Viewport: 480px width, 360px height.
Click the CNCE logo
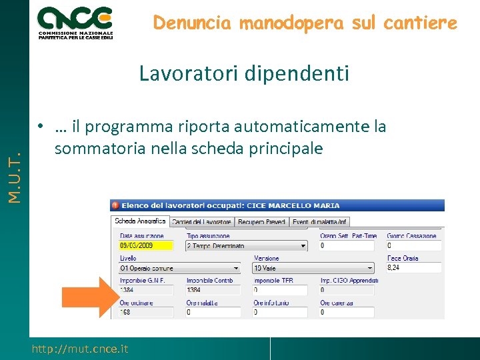tap(75, 21)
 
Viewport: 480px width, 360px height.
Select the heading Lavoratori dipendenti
tap(244, 73)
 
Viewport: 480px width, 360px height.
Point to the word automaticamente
tap(296, 127)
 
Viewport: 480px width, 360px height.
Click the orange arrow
tap(87, 295)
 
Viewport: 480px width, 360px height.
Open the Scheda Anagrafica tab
tap(140, 221)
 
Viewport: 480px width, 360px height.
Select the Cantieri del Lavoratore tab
tap(201, 222)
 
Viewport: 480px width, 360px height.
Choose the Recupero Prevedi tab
tap(261, 222)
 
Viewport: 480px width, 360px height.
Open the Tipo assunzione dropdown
tap(247, 245)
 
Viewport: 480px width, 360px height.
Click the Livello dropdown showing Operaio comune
tap(181, 268)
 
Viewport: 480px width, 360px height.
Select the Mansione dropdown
tap(313, 268)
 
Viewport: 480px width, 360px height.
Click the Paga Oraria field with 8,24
tap(413, 268)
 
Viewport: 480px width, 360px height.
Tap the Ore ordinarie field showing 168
tap(146, 312)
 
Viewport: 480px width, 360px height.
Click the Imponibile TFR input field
tap(280, 290)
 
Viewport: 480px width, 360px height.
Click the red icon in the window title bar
tap(115, 205)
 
